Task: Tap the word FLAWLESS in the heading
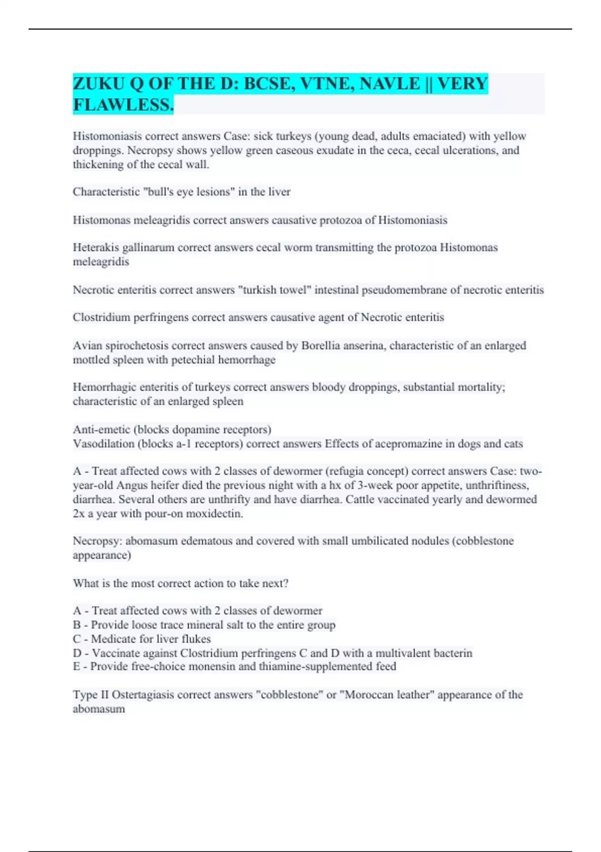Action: click(122, 105)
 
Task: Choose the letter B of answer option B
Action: click(77, 625)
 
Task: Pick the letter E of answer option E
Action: click(77, 667)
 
